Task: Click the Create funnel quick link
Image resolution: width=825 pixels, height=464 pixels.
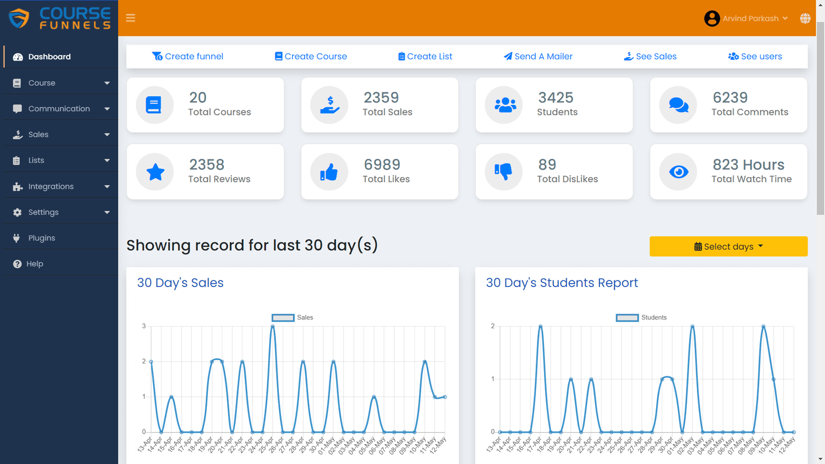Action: coord(188,57)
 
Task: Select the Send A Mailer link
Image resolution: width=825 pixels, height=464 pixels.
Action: coord(538,57)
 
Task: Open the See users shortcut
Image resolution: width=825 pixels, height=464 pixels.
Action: coord(755,57)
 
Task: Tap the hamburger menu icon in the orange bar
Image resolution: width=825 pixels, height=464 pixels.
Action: coord(130,18)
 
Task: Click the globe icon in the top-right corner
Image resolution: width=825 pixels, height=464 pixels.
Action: coord(805,18)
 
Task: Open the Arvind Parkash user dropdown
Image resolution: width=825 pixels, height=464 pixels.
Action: coord(746,18)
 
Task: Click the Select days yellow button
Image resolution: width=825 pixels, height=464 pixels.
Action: coord(728,246)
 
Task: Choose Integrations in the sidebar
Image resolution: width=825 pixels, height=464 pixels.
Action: coord(51,186)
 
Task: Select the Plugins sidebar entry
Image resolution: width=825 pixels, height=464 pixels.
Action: coord(41,238)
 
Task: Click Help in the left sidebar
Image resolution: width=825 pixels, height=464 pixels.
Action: coord(34,264)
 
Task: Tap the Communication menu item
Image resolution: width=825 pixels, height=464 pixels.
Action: coord(59,109)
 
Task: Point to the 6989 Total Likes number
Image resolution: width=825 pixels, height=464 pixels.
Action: coord(382,164)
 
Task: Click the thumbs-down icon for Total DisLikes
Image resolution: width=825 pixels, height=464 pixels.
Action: coord(503,172)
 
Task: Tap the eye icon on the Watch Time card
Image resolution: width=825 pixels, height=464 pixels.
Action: coord(678,172)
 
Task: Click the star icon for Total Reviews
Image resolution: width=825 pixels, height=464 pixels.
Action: coord(155,172)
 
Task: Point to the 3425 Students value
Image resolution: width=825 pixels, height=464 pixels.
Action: coord(555,98)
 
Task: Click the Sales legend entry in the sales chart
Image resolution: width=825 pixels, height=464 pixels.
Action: coord(293,318)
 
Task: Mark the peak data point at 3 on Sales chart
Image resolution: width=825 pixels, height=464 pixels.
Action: coord(273,327)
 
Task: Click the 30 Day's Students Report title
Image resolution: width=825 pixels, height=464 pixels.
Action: coord(562,283)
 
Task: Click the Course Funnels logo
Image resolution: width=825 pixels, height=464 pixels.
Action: coord(59,18)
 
